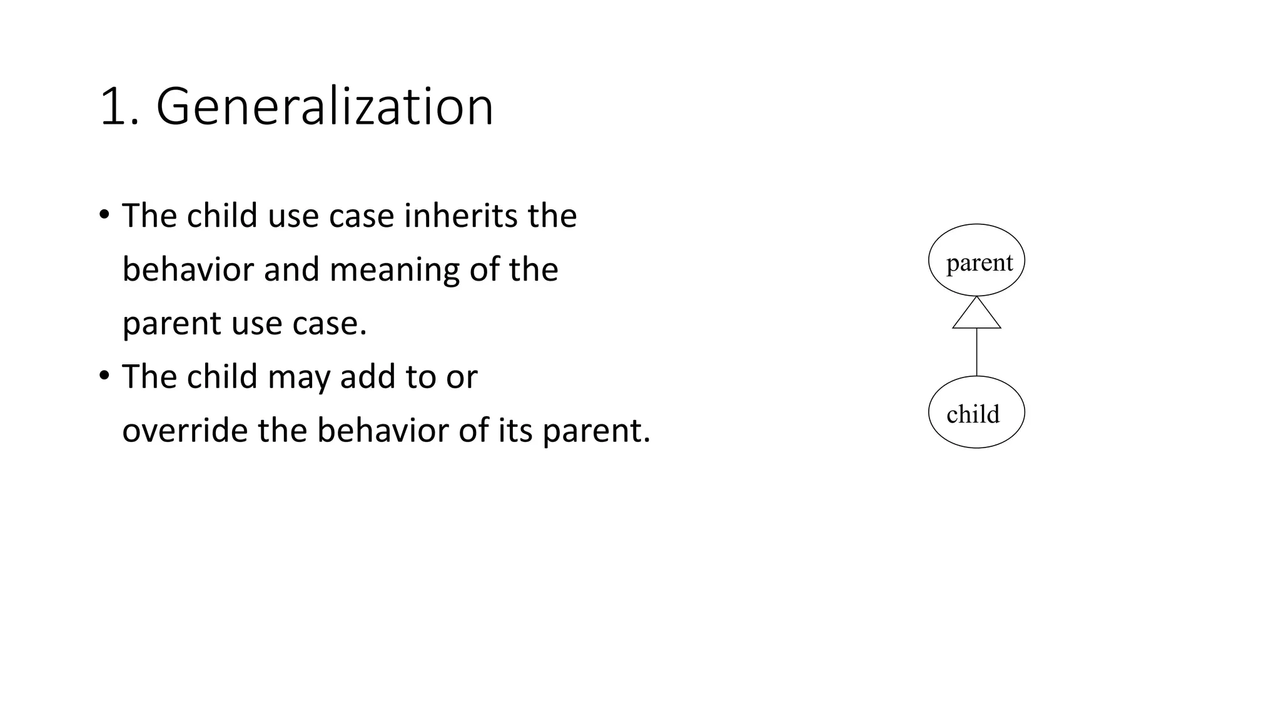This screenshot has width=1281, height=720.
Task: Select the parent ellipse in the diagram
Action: tap(976, 261)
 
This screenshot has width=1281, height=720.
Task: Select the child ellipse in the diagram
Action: tap(976, 412)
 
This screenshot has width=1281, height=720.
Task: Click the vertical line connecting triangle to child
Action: tap(976, 351)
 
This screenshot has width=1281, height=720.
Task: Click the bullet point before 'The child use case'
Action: tap(104, 215)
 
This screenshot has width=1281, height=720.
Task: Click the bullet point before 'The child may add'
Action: tap(104, 376)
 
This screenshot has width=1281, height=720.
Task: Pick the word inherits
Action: tap(462, 216)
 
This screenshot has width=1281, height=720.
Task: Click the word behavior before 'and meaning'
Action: tap(188, 269)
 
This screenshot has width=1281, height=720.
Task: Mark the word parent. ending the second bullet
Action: tap(596, 432)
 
